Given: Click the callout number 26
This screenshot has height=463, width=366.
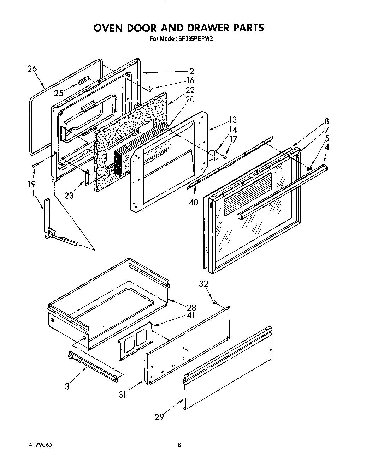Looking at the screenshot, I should coord(32,69).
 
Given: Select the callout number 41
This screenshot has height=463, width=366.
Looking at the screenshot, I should coord(191,315).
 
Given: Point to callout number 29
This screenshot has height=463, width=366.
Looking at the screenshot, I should coord(159,417).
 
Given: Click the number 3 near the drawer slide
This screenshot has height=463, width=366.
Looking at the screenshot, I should coord(67,386).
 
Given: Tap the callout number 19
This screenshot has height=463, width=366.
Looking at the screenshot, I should coord(31,184).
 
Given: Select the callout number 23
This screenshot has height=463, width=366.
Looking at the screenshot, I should coord(69,194).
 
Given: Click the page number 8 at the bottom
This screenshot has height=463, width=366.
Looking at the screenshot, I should coord(179,445).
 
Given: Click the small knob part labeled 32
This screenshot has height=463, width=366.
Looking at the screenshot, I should coord(214,302).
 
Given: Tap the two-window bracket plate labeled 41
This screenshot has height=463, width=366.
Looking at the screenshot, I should coord(135,341).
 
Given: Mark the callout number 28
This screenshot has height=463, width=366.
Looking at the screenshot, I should coord(191,307).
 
